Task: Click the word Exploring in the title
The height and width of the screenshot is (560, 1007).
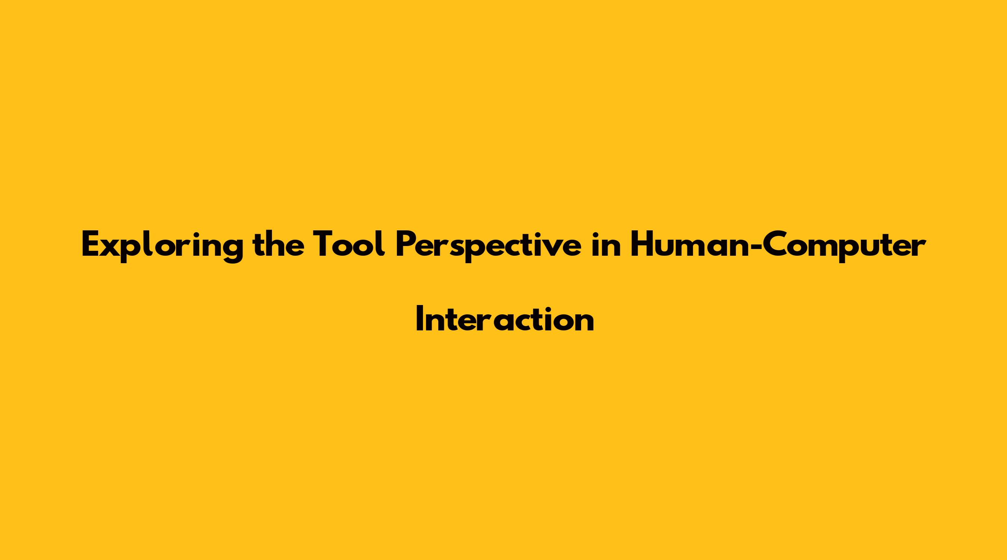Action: (162, 247)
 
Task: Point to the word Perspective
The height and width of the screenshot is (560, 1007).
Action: (488, 247)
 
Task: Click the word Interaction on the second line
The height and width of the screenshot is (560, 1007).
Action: (505, 318)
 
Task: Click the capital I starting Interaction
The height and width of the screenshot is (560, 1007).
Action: (420, 319)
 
